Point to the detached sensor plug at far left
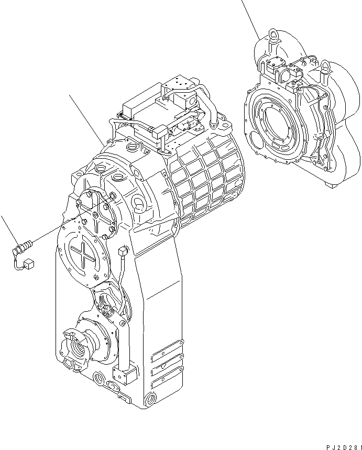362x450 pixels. pyautogui.click(x=26, y=245)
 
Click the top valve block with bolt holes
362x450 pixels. pyautogui.click(x=179, y=84)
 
